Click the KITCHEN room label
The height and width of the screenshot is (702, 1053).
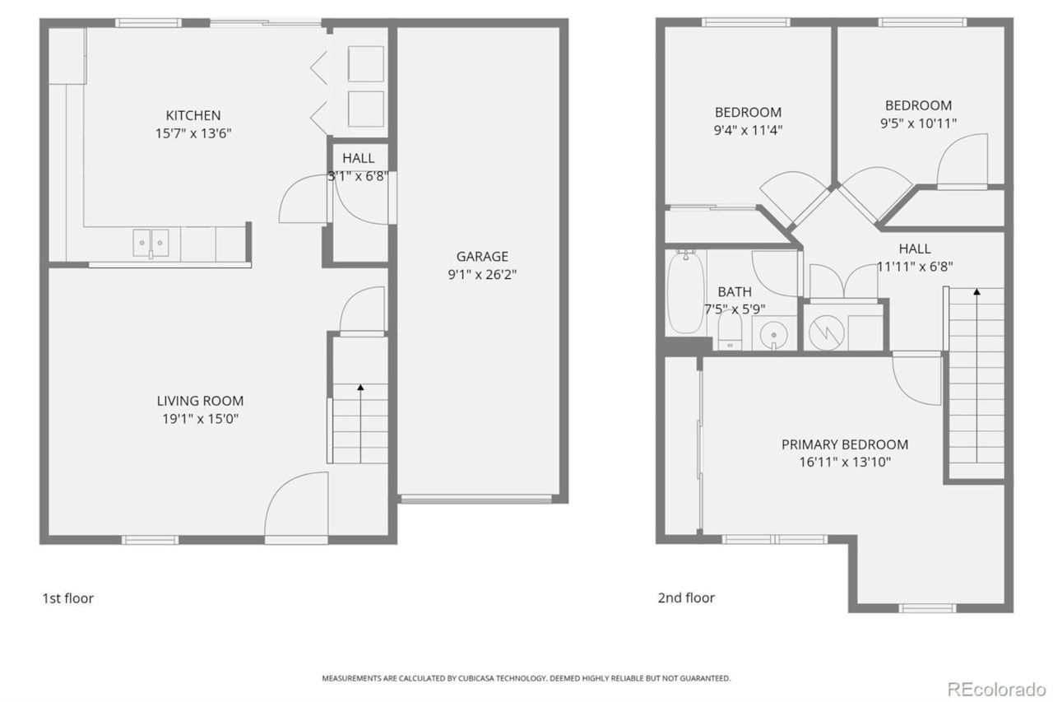coord(193,115)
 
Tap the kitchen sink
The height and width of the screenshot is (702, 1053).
coord(151,243)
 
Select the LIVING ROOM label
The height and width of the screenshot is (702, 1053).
coord(200,401)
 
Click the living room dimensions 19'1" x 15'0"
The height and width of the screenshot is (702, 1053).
coord(200,419)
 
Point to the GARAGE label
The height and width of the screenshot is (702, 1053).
coord(482,256)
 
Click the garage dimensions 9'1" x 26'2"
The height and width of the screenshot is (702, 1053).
coord(482,274)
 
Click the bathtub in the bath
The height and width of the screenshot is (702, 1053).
coord(684,294)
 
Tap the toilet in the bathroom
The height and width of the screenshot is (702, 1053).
coord(729,332)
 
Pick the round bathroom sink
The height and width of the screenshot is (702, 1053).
coord(773,334)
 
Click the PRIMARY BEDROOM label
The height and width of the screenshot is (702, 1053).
coord(845,444)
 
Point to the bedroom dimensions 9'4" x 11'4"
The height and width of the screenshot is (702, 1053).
coord(748,129)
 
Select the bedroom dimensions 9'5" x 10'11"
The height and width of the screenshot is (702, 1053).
coord(918,123)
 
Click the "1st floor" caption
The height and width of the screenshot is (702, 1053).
coord(67,598)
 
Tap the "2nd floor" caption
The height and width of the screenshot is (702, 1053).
coord(686,598)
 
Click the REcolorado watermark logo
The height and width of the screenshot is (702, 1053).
coord(996,688)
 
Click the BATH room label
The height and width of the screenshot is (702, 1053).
coord(734,291)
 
